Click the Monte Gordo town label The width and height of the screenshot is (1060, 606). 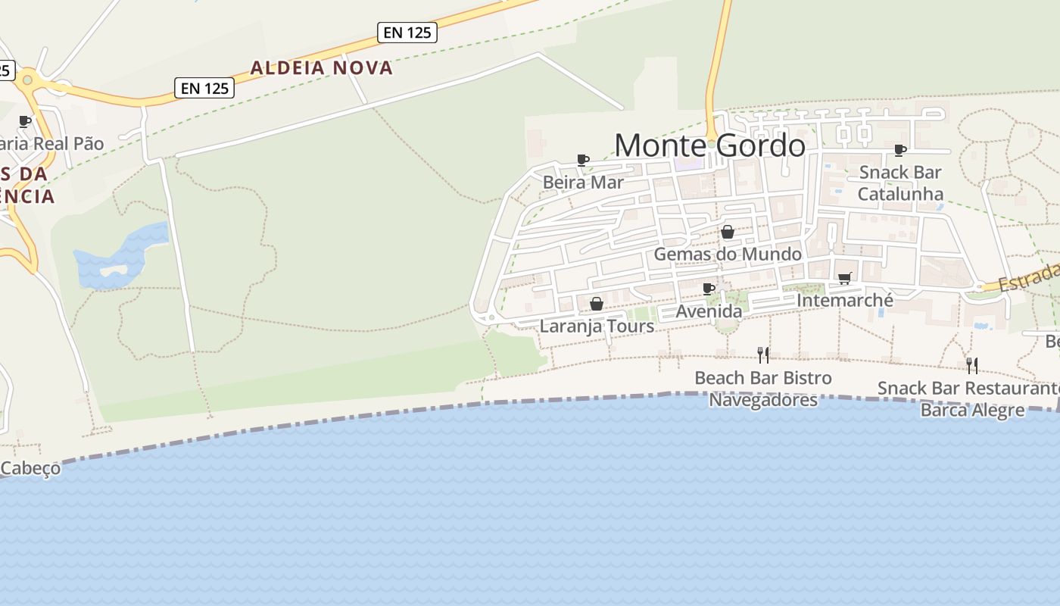(709, 145)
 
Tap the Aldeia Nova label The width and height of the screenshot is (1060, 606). (322, 67)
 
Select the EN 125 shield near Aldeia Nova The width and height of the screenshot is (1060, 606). (204, 88)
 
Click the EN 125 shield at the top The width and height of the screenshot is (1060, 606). (407, 32)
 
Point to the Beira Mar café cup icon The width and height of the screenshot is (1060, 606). (582, 160)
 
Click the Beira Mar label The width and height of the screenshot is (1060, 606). (583, 183)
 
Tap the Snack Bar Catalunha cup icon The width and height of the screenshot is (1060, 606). (899, 150)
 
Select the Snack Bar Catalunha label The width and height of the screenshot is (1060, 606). (900, 183)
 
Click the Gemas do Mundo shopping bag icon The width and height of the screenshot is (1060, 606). (727, 232)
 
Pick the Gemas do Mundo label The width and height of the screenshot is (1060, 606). (727, 254)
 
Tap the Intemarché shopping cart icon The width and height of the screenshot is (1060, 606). (845, 278)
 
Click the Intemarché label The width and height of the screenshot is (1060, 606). (845, 301)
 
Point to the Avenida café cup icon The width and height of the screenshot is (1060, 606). (709, 289)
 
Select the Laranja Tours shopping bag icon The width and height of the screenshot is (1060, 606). (597, 304)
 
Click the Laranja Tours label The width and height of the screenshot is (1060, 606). (597, 326)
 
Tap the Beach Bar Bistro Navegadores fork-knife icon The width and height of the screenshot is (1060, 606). (763, 355)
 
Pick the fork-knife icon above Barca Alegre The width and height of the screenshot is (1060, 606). (972, 366)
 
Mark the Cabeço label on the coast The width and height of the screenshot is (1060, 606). (30, 469)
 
